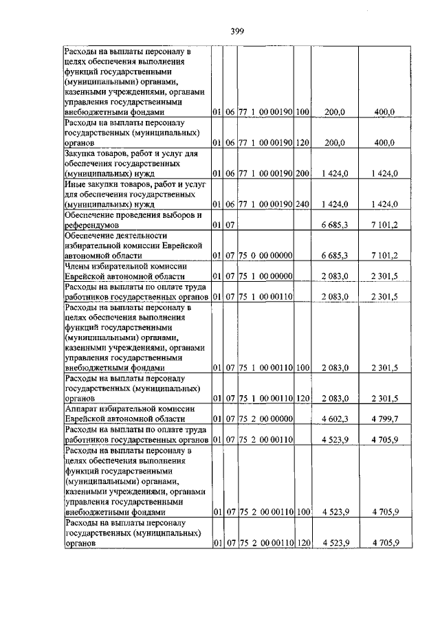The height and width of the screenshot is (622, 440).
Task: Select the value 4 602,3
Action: (335, 419)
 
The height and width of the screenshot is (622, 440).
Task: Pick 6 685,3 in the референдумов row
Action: (335, 225)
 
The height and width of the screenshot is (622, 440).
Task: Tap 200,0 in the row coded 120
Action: (335, 142)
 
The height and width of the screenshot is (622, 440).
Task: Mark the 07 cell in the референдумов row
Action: (231, 225)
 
